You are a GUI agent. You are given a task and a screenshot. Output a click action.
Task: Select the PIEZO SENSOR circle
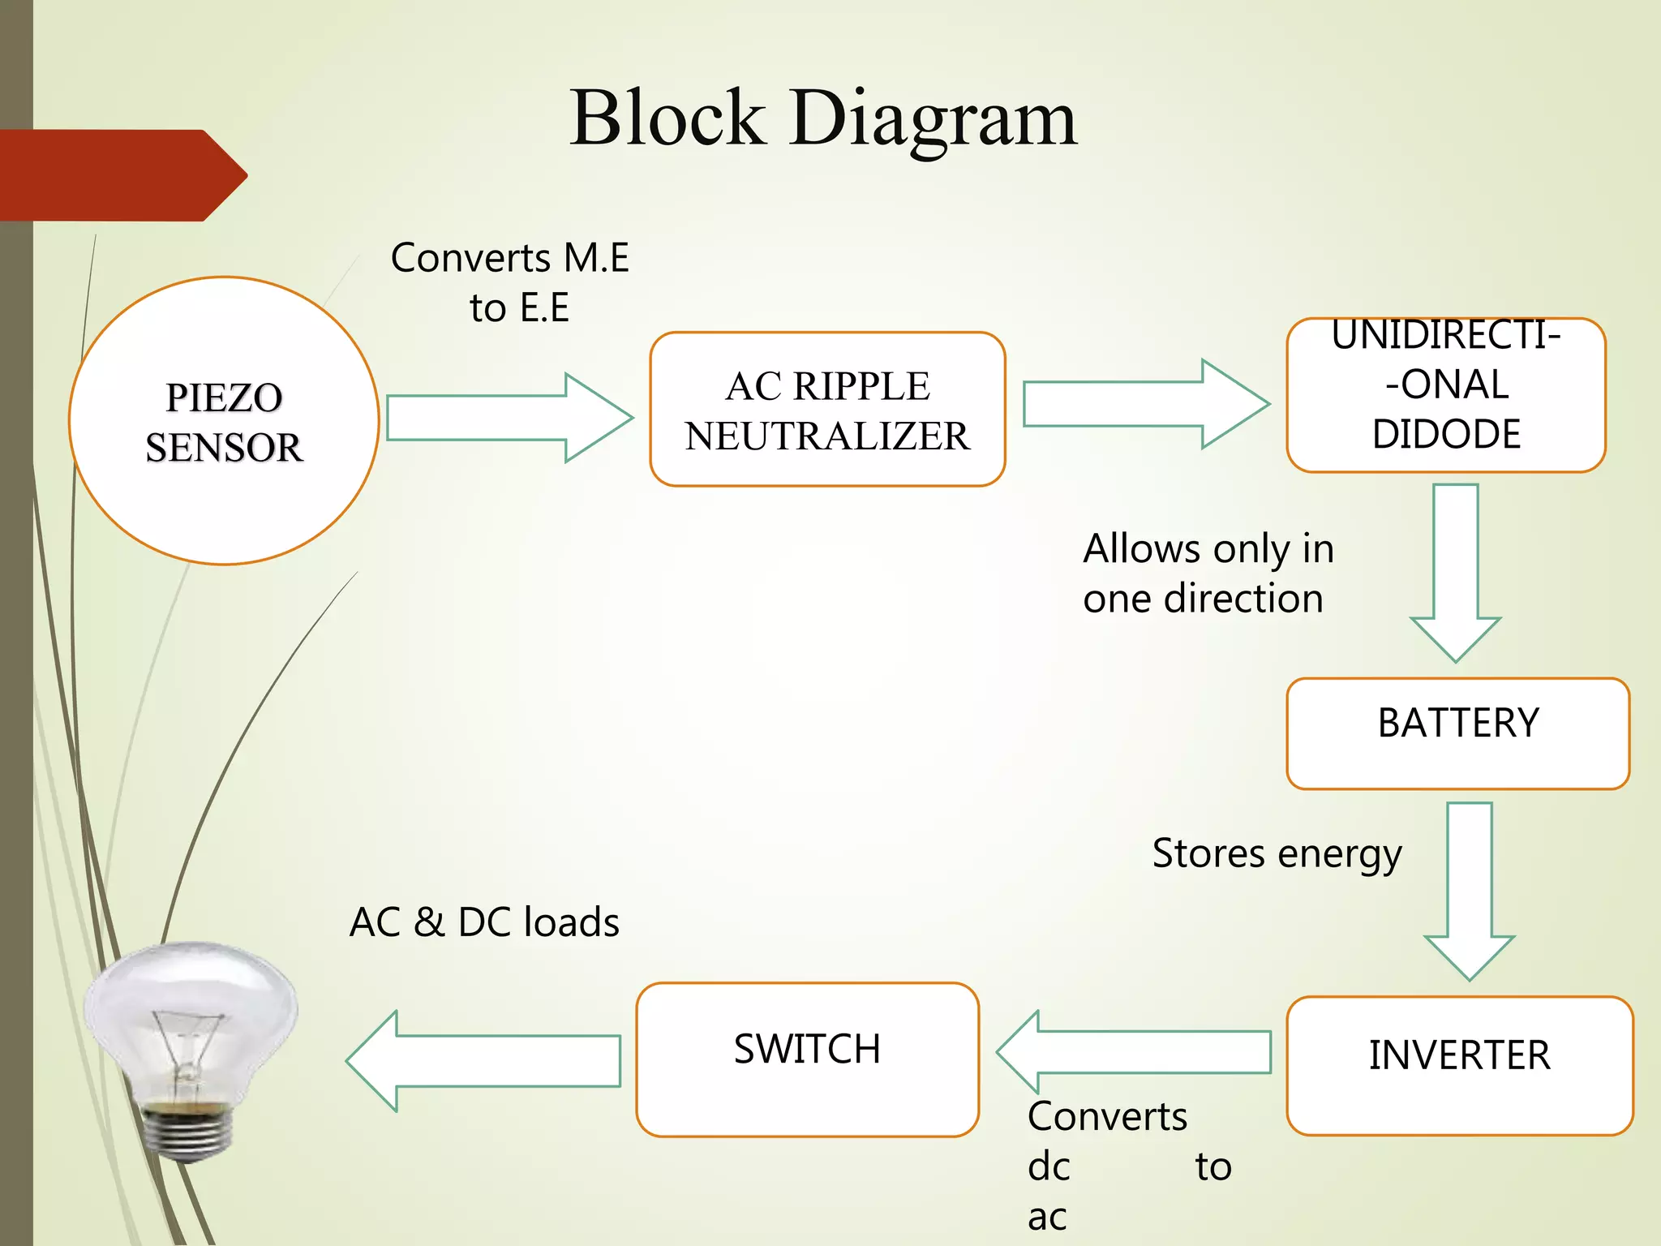point(224,421)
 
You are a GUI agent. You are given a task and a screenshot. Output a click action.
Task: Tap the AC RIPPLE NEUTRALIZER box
point(827,410)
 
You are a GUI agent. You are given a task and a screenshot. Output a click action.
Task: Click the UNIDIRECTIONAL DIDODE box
point(1445,395)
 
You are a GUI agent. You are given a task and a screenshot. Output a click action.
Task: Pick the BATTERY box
point(1457,733)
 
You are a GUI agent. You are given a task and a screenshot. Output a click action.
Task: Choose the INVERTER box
point(1459,1064)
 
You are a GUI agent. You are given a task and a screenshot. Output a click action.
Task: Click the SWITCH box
point(807,1059)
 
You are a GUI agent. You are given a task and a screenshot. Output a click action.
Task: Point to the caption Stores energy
point(1277,853)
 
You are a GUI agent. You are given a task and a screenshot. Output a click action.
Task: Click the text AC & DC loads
point(484,922)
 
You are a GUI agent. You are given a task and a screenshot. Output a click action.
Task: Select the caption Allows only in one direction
point(1207,574)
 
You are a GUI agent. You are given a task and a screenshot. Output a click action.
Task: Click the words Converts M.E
point(509,258)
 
